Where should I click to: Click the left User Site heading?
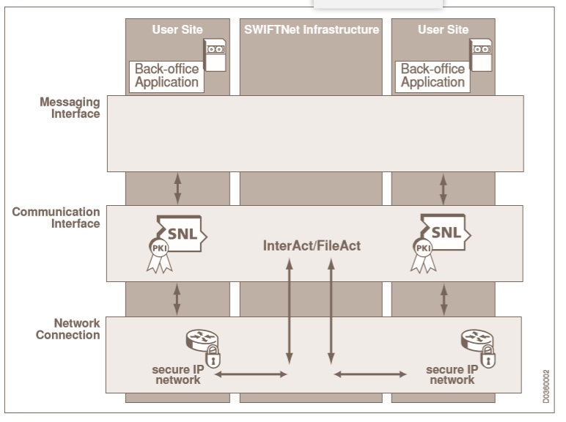[x=177, y=30]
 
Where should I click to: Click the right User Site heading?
[x=443, y=30]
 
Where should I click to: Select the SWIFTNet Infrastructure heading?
[x=312, y=30]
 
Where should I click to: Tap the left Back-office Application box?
[x=166, y=75]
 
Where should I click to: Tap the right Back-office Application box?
[x=433, y=75]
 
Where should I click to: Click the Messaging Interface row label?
[x=70, y=108]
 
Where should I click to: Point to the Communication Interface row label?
[x=56, y=218]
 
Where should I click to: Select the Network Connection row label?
[x=67, y=329]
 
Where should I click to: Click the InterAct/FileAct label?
[x=312, y=246]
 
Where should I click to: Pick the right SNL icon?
[x=446, y=233]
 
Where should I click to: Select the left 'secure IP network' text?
[x=177, y=374]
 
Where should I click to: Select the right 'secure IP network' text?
[x=452, y=374]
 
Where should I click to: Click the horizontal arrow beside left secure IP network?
[x=250, y=374]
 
